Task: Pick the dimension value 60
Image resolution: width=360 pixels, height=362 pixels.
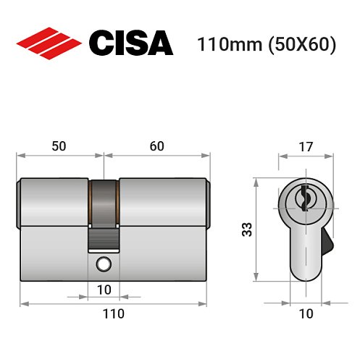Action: pos(157,146)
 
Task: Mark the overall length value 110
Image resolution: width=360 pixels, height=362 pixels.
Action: pos(113,313)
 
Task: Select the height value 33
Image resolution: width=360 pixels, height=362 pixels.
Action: pos(246,230)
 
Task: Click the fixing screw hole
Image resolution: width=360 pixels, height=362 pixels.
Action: pos(106,264)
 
